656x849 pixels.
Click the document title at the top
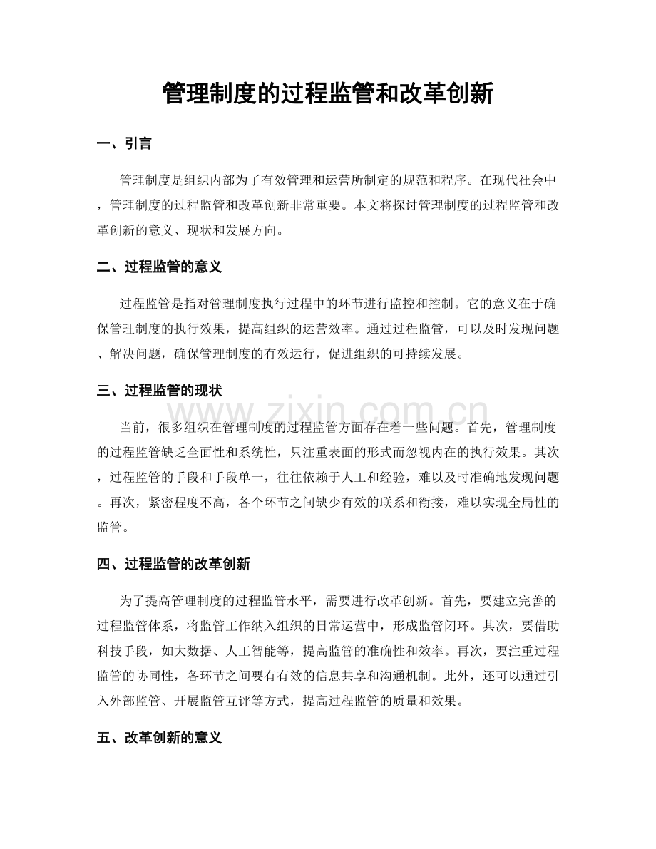(328, 93)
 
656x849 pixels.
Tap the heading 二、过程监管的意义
(160, 267)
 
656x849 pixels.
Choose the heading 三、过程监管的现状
(160, 391)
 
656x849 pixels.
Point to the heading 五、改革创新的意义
(160, 739)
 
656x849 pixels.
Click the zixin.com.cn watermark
(328, 413)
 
